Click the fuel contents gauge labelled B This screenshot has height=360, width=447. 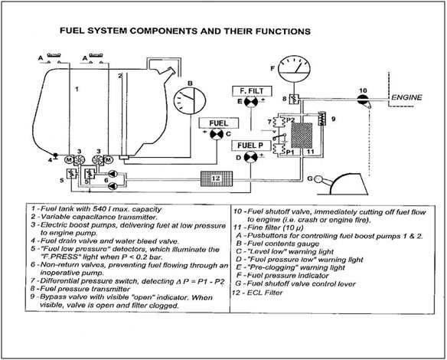[x=190, y=101]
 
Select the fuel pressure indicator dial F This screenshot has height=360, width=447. [x=294, y=69]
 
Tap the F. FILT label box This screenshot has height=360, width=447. [x=252, y=91]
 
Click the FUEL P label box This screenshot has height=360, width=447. [x=250, y=146]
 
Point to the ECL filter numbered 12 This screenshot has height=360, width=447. [x=217, y=178]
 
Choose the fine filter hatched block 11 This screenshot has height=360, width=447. [x=302, y=136]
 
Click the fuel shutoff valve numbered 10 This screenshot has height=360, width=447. [x=363, y=100]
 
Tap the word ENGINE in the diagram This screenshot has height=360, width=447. [x=406, y=97]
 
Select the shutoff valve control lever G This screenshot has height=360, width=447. [x=341, y=184]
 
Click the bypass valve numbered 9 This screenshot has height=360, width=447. [x=321, y=118]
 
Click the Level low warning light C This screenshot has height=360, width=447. [x=217, y=134]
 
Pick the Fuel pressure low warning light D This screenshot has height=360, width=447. [x=250, y=157]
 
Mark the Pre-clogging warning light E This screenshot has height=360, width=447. [x=251, y=102]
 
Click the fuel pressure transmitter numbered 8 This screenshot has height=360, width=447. [x=294, y=100]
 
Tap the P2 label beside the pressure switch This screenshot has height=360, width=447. [x=290, y=120]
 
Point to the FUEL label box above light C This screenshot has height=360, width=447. [x=219, y=123]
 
